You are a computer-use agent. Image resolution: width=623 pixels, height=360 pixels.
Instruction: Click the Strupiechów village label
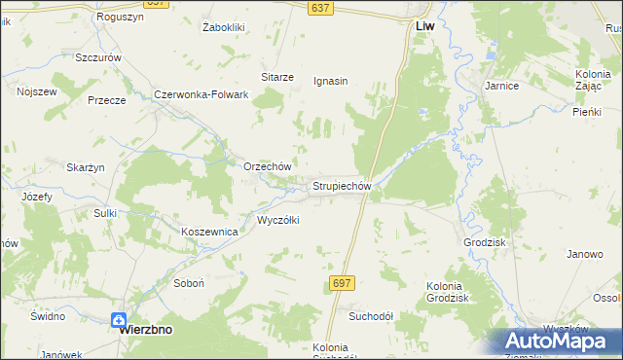341,185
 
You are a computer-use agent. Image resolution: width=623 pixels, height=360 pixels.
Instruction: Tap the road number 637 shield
321,8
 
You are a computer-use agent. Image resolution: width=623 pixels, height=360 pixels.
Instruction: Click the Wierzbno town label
145,329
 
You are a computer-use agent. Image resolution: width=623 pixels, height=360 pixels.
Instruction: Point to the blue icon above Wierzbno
119,319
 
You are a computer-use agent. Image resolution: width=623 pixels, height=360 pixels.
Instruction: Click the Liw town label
424,27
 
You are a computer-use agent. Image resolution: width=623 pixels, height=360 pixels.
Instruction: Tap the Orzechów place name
267,166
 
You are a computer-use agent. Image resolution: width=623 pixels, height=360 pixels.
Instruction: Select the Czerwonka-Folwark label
202,95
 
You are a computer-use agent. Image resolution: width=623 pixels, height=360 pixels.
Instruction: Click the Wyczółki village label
277,220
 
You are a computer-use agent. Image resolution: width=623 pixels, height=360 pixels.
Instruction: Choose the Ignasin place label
331,81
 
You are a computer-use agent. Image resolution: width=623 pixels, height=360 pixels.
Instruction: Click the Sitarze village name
277,77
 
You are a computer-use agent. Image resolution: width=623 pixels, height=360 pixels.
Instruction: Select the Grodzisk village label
488,240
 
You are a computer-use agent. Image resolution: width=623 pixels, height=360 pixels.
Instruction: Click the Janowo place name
585,254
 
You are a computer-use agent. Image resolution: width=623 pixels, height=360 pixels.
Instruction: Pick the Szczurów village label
98,58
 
